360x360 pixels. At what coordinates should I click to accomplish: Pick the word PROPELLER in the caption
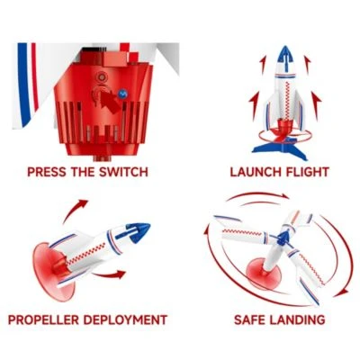(47, 319)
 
